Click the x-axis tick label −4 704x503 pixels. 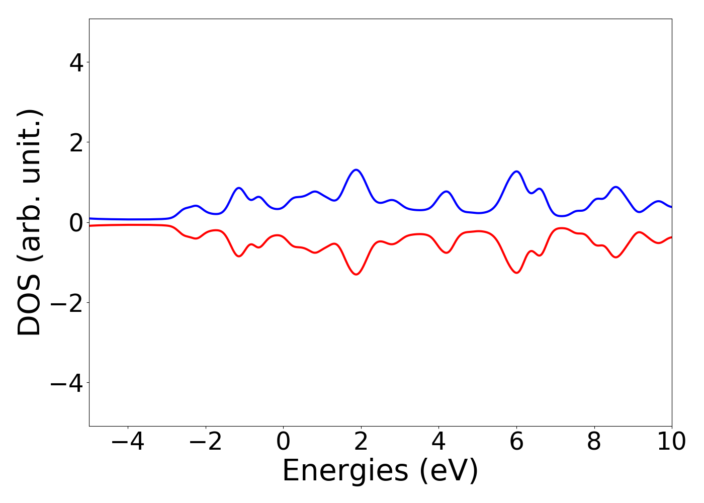(x=128, y=442)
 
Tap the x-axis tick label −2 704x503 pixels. (x=205, y=442)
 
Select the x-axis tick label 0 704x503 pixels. (x=283, y=442)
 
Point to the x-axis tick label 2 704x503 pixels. (x=361, y=442)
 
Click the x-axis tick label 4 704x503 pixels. (x=438, y=442)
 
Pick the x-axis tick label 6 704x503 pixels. (x=516, y=442)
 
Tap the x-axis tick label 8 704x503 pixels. (x=594, y=442)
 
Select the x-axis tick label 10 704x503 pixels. (x=671, y=442)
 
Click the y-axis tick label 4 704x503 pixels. (x=76, y=62)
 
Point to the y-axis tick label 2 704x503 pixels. (x=76, y=142)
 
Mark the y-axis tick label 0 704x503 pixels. (x=76, y=222)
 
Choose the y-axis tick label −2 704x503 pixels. (x=68, y=302)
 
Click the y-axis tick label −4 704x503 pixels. (x=68, y=383)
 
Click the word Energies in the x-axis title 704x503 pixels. (x=345, y=471)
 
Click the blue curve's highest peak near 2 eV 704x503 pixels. (x=356, y=170)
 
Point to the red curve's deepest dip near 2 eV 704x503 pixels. (x=356, y=274)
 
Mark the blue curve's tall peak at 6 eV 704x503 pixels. (x=516, y=172)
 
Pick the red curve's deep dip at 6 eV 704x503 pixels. (x=516, y=273)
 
